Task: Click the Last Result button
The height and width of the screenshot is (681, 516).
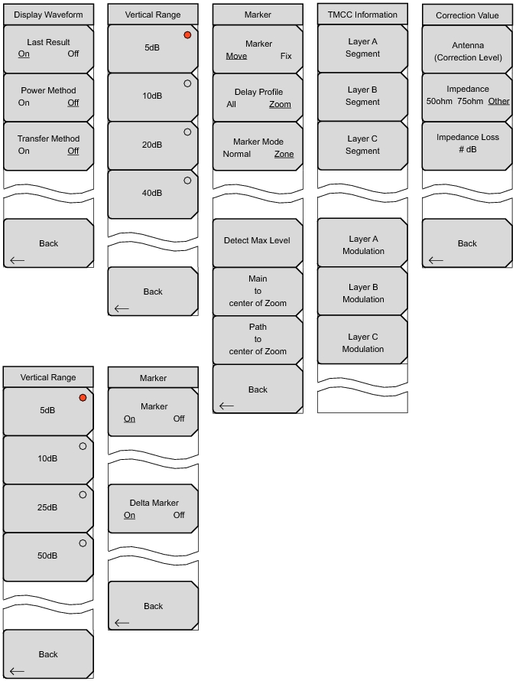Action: [49, 49]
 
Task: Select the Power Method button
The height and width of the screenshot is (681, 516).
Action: [49, 97]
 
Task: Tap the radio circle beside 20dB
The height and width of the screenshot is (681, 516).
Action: [187, 132]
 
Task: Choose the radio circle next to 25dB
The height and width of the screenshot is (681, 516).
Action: [83, 494]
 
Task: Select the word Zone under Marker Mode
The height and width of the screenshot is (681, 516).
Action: [284, 154]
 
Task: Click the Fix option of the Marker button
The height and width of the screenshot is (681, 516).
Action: [286, 56]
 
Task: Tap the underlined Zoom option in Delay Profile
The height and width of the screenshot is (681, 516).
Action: [280, 104]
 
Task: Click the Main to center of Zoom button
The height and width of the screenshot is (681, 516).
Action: [258, 292]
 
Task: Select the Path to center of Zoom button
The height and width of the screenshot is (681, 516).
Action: [258, 340]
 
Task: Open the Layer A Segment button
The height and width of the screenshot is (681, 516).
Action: [362, 48]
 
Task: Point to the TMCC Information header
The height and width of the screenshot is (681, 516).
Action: [362, 15]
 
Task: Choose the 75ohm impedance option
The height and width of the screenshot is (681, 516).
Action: [470, 101]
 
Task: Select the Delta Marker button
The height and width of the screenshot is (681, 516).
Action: [153, 509]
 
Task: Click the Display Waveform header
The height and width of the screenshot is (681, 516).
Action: [49, 15]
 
